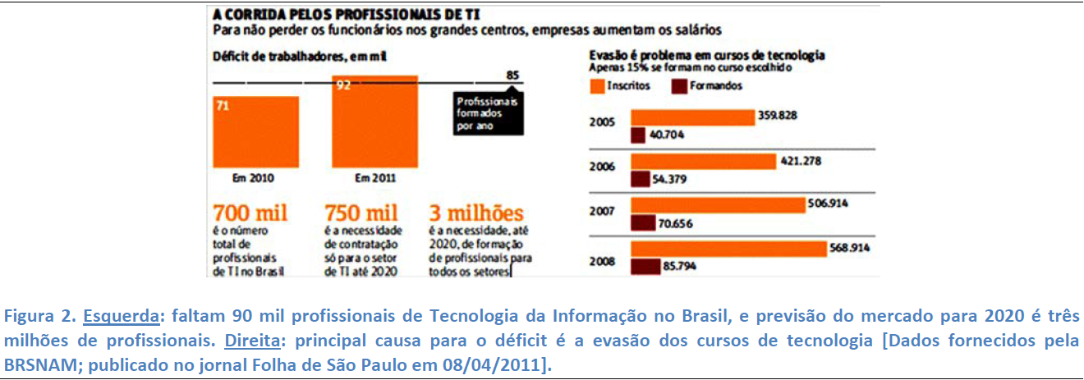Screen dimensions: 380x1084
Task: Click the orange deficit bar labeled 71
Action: coord(255,131)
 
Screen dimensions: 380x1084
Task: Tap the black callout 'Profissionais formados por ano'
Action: coord(488,114)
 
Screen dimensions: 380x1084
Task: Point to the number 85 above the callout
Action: coord(513,76)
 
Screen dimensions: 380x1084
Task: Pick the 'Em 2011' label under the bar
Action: coord(374,178)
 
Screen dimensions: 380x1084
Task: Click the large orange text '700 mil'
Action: coord(250,213)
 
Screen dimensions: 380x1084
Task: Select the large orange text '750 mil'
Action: coord(362,213)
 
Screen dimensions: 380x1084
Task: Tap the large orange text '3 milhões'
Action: coord(477,213)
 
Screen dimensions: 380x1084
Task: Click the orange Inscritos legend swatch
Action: coord(597,85)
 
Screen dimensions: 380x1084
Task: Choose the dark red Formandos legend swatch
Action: coord(680,85)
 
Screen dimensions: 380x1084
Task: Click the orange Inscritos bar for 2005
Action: coord(691,117)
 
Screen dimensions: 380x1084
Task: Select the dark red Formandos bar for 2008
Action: coord(645,267)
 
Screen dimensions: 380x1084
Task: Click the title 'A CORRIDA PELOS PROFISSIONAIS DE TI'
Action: coord(347,14)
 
